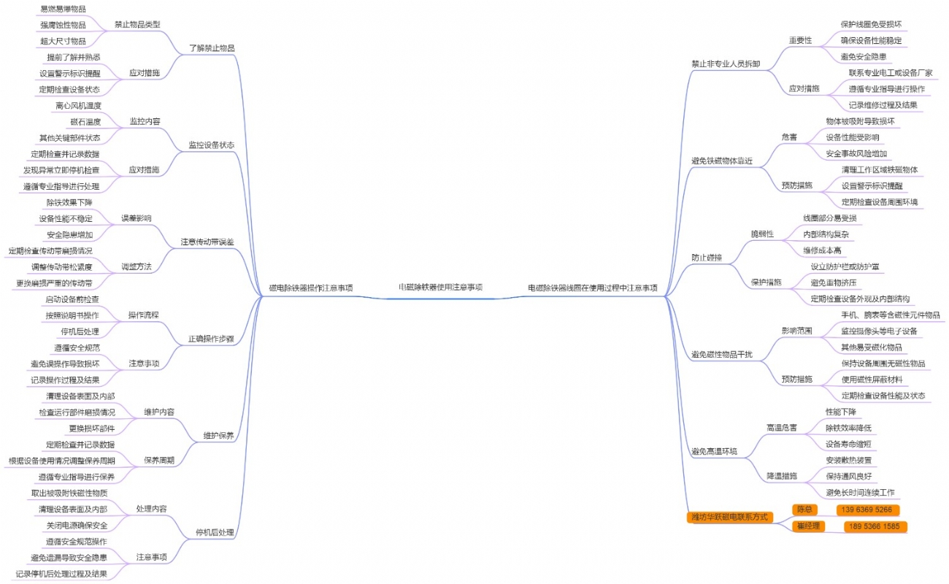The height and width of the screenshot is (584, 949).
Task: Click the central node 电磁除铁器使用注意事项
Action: coord(439,288)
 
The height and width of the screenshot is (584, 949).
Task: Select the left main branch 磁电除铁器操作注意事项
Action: coord(311,288)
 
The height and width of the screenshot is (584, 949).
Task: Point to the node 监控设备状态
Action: coord(212,145)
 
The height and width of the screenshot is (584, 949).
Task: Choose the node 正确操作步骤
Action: coord(211,339)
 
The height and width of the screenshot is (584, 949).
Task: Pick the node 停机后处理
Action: coord(215,532)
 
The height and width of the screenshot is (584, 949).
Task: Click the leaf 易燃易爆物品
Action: coord(62,9)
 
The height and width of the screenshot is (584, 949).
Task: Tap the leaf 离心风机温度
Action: coord(78,106)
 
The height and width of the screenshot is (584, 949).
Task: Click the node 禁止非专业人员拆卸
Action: coord(726,64)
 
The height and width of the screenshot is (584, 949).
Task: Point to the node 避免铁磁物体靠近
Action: coord(721,160)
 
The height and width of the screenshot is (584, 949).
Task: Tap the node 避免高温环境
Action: coord(714,451)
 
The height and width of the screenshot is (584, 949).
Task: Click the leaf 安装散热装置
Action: coord(848,460)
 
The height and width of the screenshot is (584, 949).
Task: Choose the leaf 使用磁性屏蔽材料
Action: coord(871,379)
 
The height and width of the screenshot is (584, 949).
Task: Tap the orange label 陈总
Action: coord(804,510)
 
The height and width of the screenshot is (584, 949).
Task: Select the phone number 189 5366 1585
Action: coord(875,526)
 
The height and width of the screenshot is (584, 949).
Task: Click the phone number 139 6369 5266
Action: coord(867,510)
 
